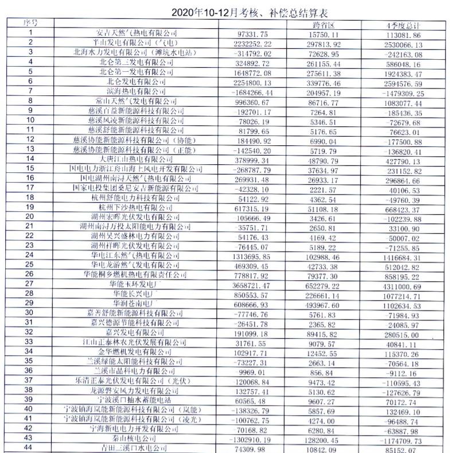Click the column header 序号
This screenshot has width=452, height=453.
click(30, 22)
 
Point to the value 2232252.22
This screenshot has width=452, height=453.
click(258, 42)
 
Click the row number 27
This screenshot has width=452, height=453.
click(30, 295)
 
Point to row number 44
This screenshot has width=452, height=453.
click(30, 447)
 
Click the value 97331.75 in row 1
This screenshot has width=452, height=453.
click(258, 33)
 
